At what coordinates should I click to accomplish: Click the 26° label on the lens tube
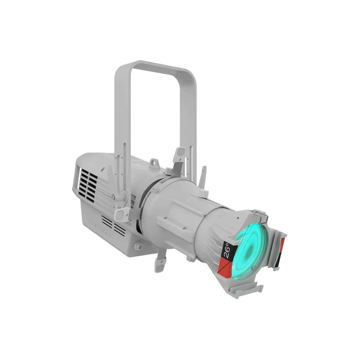[x=227, y=250]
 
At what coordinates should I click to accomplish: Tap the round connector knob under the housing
[x=138, y=247]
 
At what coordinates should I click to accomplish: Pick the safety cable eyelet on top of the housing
[x=153, y=164]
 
